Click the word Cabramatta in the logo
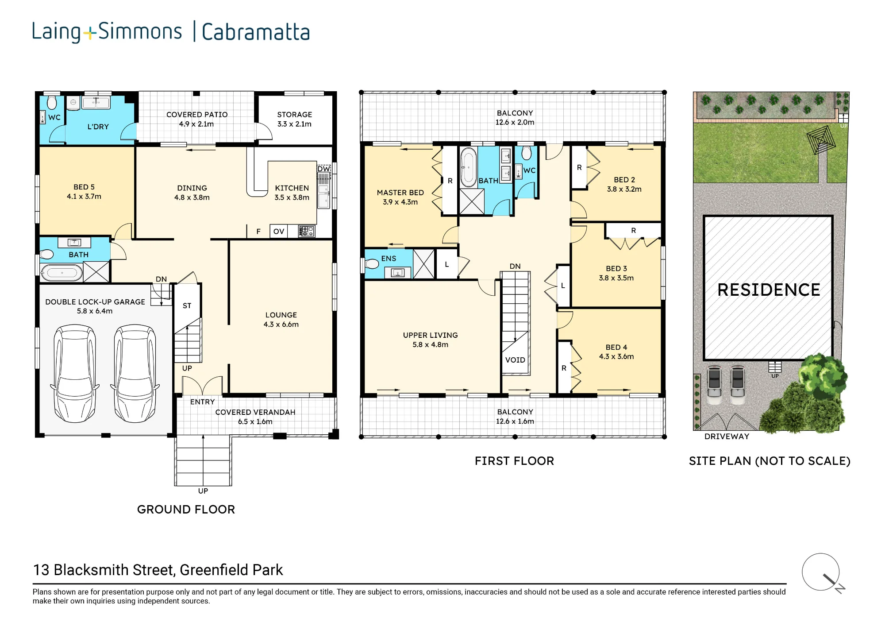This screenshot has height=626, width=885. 256,32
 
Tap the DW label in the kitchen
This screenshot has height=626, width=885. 323,169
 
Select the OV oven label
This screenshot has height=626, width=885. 279,231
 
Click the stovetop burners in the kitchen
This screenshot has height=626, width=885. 306,231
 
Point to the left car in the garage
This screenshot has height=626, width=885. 74,373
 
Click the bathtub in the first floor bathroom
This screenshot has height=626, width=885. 469,167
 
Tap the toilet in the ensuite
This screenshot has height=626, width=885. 372,264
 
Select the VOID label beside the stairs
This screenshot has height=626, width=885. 515,360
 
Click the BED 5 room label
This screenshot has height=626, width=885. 84,187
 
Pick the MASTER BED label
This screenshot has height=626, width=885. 400,193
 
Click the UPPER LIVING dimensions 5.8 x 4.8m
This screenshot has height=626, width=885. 431,344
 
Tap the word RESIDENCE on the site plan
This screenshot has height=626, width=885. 769,290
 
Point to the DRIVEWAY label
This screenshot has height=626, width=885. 727,436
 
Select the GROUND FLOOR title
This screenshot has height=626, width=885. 186,509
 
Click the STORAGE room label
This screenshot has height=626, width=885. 295,114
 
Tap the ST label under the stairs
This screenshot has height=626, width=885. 187,305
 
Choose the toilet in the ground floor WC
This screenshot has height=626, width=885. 52,102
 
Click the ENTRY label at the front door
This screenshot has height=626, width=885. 202,402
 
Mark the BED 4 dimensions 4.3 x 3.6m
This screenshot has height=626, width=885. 616,356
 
